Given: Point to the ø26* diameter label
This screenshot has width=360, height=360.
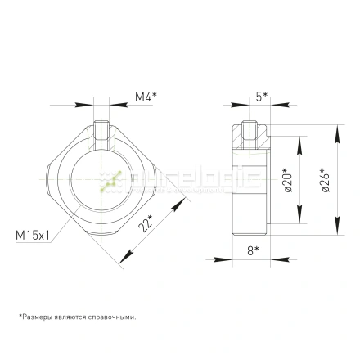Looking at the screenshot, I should pyautogui.click(x=326, y=181).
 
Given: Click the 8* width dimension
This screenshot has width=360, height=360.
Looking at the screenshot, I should pyautogui.click(x=253, y=250).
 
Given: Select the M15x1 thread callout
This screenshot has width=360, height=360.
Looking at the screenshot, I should pyautogui.click(x=34, y=235).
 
